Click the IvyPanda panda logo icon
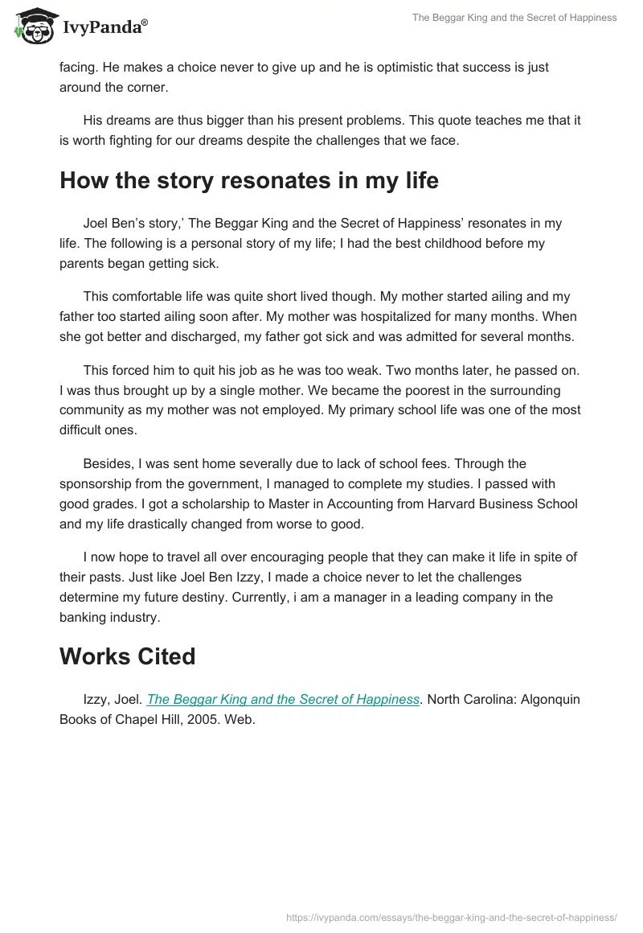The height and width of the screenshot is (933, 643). [x=32, y=27]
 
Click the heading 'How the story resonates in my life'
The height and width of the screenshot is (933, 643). [x=248, y=180]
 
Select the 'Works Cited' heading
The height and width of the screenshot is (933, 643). [x=127, y=656]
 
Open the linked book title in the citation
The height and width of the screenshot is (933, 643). [x=283, y=700]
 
